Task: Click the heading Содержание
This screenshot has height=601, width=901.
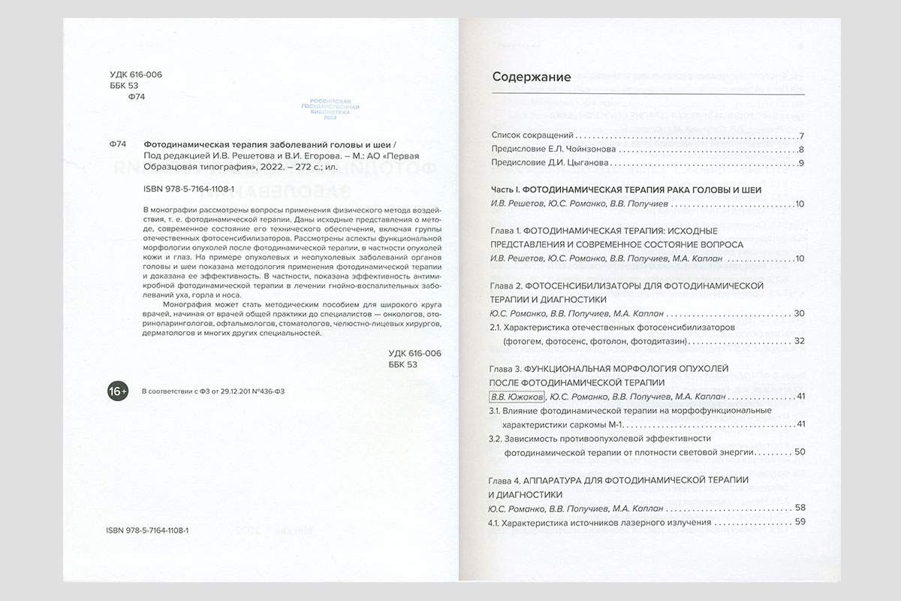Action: click(531, 77)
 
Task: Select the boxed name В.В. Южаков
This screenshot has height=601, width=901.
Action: click(516, 396)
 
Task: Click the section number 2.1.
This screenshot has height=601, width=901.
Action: click(496, 328)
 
